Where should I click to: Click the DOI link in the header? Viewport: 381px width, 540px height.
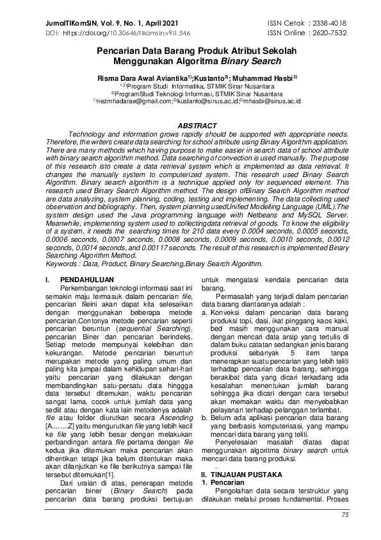pos(122,31)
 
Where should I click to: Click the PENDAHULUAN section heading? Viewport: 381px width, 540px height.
pos(86,280)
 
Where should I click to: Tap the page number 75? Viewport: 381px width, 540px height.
pos(345,514)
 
